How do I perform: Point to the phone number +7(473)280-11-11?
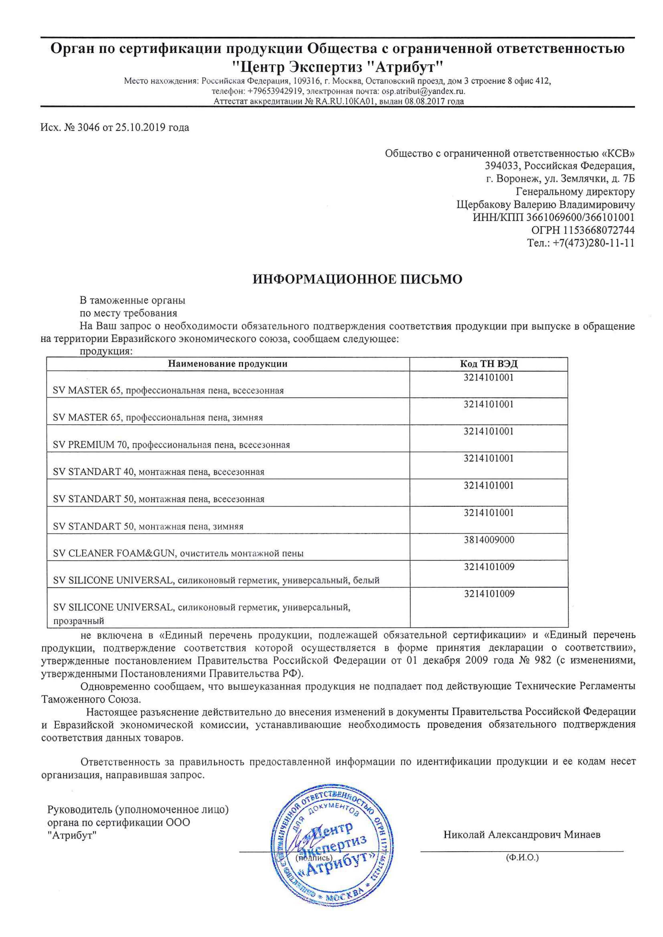coord(593,243)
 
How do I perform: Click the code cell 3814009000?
coord(489,540)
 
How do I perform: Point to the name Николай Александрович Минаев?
coord(522,835)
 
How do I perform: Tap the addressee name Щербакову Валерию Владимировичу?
coord(545,204)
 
